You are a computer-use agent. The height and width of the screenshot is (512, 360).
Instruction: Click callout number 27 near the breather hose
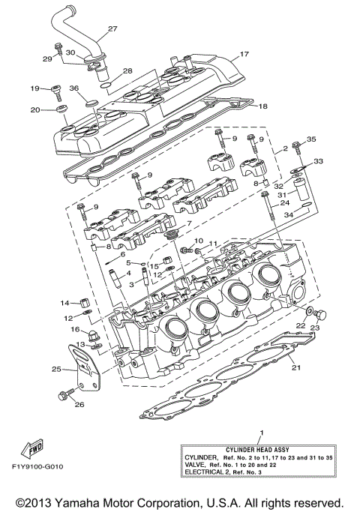coord(112,29)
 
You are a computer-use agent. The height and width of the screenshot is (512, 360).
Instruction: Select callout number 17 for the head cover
coord(243,55)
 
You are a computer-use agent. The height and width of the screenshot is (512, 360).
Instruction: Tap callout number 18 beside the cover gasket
coord(262,106)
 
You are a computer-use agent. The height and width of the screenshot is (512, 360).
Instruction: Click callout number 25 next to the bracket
coord(56,369)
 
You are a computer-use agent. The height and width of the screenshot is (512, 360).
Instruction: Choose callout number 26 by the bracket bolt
coord(79,405)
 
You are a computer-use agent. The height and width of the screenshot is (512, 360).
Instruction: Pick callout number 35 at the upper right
coord(312,139)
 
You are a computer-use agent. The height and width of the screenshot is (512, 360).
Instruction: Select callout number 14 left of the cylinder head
coord(65,303)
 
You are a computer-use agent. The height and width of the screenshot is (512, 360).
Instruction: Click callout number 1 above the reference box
coord(261,433)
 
